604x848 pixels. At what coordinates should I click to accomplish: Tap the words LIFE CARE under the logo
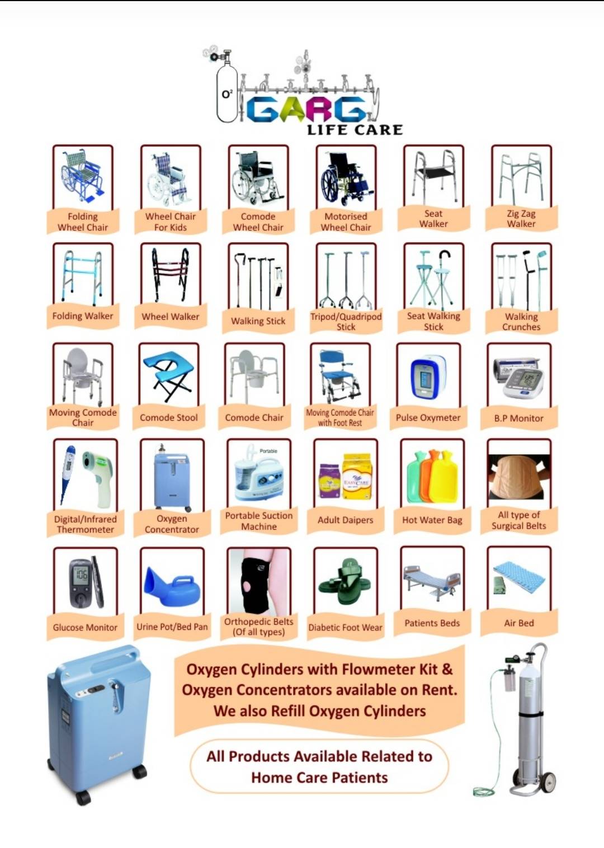355,130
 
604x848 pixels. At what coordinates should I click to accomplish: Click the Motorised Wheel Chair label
346,222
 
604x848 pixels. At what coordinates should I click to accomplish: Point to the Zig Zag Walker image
521,177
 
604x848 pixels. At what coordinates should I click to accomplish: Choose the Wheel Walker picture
171,275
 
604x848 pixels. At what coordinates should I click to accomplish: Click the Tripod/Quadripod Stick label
346,322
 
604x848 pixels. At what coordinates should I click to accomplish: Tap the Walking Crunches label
521,322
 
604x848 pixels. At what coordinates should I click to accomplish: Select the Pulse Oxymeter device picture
428,377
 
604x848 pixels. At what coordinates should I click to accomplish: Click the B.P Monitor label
518,418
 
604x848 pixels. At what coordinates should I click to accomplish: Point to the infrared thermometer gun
98,478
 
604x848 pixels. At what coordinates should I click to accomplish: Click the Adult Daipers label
345,520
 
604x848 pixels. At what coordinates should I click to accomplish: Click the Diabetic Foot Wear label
345,628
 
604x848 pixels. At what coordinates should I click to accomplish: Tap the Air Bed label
519,623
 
